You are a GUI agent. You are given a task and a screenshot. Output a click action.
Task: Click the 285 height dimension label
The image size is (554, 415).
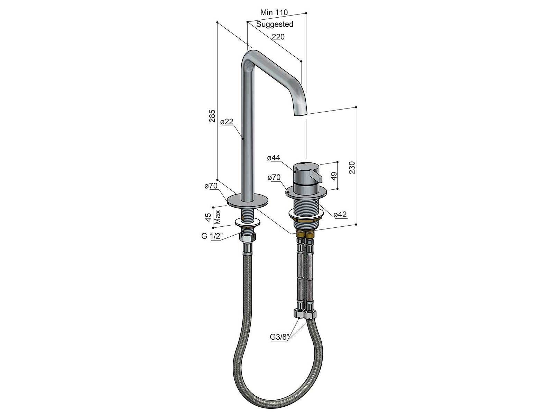[x=212, y=116]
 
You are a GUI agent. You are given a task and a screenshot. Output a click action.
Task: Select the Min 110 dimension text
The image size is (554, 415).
[x=274, y=12]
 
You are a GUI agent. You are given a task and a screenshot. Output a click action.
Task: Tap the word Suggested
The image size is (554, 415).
[x=275, y=24]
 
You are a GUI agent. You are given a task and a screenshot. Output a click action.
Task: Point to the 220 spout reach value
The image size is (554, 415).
[x=278, y=37]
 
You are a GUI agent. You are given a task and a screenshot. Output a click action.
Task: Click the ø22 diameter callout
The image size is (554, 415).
[x=227, y=122]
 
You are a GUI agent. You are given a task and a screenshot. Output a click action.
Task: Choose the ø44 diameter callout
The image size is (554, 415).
[x=274, y=158]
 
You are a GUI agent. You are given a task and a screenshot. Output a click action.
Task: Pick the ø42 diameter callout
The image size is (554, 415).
[x=340, y=215]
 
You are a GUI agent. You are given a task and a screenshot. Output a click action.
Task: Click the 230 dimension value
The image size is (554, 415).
[x=352, y=167]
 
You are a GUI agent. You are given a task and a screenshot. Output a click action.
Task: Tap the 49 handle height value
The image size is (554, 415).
[x=334, y=176]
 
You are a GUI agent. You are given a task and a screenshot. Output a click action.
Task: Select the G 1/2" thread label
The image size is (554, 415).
[x=212, y=236]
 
